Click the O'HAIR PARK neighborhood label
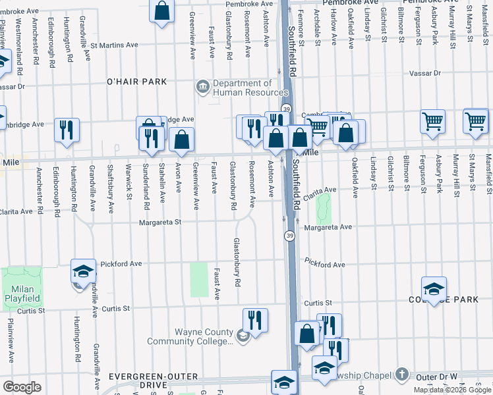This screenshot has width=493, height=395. tap(137, 82)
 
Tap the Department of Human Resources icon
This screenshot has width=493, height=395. tap(202, 86)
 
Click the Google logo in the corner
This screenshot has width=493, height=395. tap(22, 386)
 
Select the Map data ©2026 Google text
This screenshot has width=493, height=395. tap(452, 390)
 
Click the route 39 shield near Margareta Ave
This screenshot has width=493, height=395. tap(289, 235)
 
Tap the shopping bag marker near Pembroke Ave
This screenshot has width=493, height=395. tap(161, 11)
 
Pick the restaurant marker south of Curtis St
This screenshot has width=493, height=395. tap(255, 320)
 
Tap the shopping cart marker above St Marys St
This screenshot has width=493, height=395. tap(475, 120)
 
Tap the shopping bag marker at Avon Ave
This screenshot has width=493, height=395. tap(181, 139)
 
